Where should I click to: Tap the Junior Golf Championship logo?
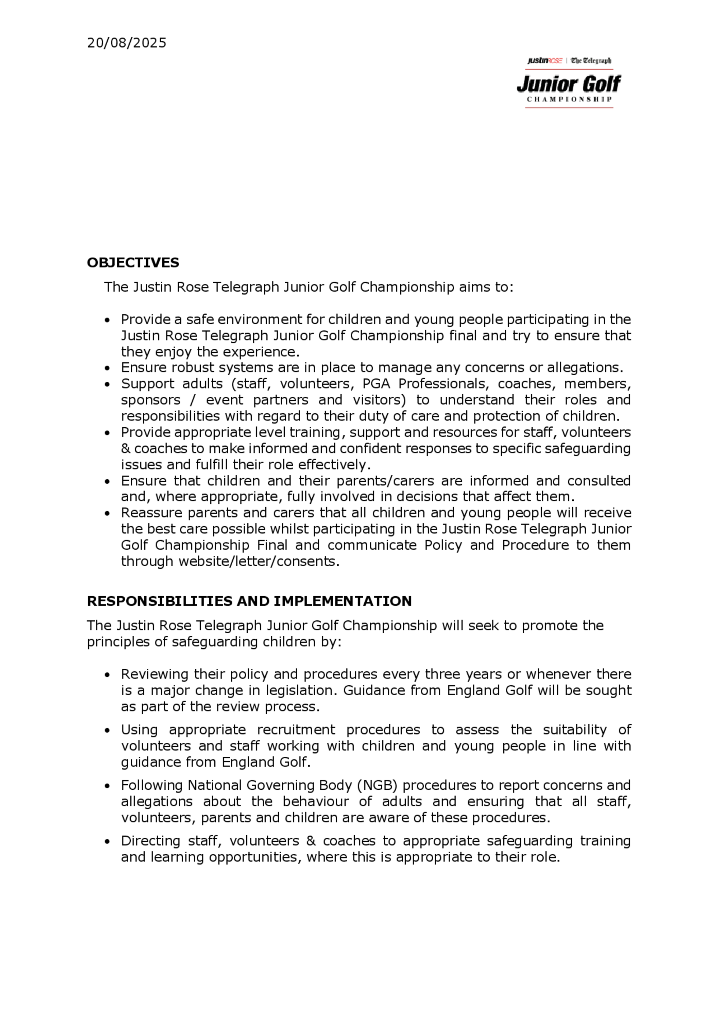(x=569, y=83)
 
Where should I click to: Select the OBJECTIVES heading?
(x=133, y=263)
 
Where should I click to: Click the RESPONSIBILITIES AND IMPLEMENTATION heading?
(x=249, y=601)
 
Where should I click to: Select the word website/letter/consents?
(x=259, y=561)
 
